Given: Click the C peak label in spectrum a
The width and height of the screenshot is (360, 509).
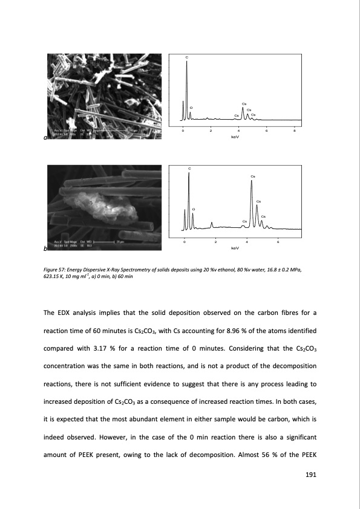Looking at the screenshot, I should [x=188, y=57].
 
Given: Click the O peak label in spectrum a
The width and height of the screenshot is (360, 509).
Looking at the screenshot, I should [x=191, y=108].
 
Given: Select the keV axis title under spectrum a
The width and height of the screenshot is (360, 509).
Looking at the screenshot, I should [x=236, y=137].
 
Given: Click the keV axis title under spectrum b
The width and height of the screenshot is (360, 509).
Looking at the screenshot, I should [x=236, y=248].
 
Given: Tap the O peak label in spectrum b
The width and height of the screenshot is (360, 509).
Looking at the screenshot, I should [x=193, y=209].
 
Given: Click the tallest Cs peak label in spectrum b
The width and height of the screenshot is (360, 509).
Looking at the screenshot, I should [x=252, y=176].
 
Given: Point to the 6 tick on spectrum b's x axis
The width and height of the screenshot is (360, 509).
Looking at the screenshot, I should [x=278, y=241].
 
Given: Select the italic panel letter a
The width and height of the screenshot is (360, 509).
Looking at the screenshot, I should [x=45, y=138].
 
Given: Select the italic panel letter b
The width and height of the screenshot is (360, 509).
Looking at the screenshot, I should [x=45, y=249].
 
